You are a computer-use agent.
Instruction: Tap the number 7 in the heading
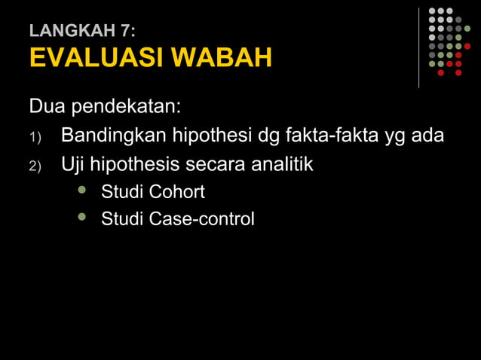tap(127, 31)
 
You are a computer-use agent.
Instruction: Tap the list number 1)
tap(36, 138)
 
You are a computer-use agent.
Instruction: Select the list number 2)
tap(36, 166)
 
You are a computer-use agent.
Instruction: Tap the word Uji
tap(73, 163)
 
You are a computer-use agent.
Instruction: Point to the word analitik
tap(283, 163)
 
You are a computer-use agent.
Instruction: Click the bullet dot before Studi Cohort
tap(82, 191)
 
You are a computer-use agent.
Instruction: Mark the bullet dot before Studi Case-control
tap(82, 218)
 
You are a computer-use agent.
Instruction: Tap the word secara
tap(220, 163)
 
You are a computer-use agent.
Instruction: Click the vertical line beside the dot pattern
tap(419, 47)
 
